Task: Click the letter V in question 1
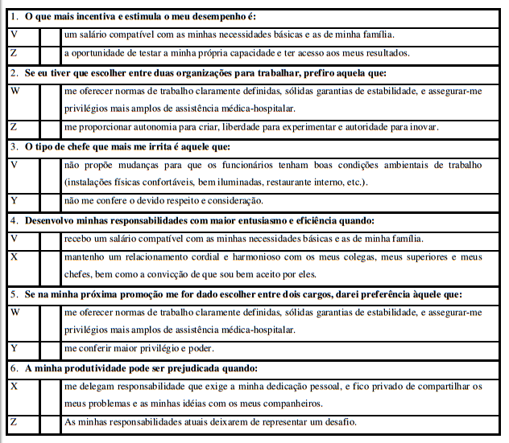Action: coord(14,35)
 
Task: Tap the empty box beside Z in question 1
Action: coord(50,53)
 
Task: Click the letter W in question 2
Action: coord(15,90)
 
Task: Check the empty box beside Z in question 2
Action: coord(50,127)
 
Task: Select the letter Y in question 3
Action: coord(14,200)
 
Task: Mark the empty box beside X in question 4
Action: coord(50,265)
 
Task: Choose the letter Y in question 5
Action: coord(14,348)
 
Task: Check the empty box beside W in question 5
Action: coord(50,320)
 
